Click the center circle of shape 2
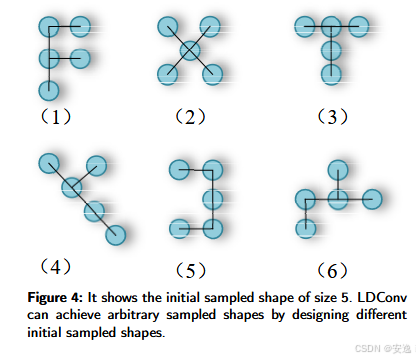(x=188, y=49)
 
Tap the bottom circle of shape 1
(x=47, y=91)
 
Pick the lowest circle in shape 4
(x=116, y=233)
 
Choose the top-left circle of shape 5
(x=180, y=168)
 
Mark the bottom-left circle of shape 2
(x=166, y=72)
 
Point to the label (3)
(x=330, y=117)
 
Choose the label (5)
(x=189, y=269)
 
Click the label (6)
(x=330, y=269)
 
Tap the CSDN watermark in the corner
(x=384, y=350)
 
